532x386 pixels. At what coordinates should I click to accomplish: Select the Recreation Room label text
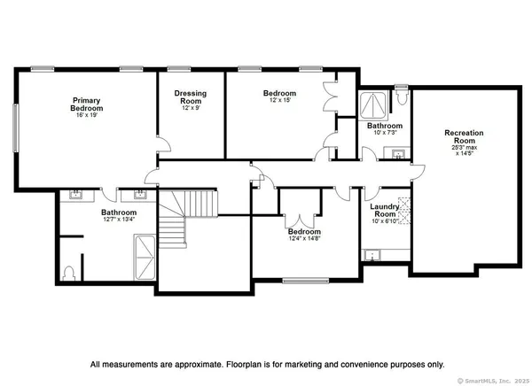click(464, 137)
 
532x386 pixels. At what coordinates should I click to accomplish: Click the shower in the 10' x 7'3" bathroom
click(373, 104)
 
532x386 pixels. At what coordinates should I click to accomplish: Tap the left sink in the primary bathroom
click(75, 193)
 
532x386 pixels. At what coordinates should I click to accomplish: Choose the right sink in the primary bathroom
click(139, 193)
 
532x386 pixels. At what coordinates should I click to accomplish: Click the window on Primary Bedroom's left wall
click(15, 129)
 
